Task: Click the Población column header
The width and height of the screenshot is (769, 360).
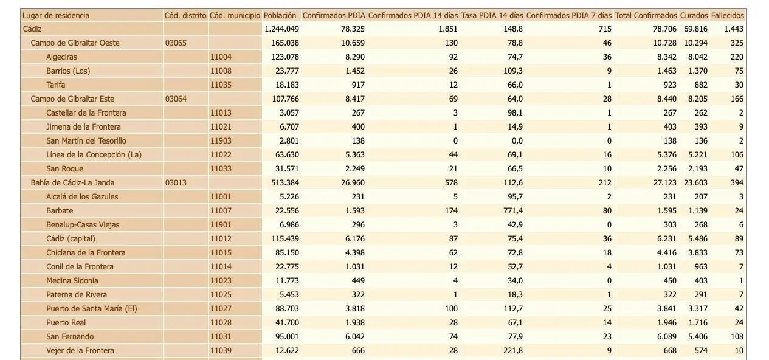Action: point(280,15)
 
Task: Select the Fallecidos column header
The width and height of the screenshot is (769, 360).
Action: point(728,15)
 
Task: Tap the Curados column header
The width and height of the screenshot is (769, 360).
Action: point(694,15)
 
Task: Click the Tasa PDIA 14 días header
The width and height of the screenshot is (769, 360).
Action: point(492,15)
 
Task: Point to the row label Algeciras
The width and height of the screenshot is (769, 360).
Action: point(61,57)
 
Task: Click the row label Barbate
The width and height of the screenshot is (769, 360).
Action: point(60,210)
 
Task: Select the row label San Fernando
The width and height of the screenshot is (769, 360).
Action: point(70,337)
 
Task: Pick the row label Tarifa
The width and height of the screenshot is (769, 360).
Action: point(55,85)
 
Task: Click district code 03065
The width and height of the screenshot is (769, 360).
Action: point(176,43)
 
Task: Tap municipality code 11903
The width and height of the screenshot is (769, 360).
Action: point(221,141)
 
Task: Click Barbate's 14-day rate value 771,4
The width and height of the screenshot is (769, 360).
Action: point(513,210)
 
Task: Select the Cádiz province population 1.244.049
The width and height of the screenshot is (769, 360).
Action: point(282,29)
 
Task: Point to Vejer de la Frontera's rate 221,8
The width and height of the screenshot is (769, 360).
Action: point(513,351)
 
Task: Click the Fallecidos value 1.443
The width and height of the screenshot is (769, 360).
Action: point(734,29)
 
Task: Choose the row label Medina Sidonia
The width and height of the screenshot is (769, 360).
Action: point(72,281)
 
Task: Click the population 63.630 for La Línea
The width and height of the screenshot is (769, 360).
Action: point(287,155)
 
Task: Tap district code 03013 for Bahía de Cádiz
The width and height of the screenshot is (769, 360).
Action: point(176,183)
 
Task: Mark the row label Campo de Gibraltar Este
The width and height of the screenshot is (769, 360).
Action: point(72,99)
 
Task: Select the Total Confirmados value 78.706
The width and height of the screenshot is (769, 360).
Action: point(664,29)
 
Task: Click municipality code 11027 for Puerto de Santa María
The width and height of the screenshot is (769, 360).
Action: point(221,309)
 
